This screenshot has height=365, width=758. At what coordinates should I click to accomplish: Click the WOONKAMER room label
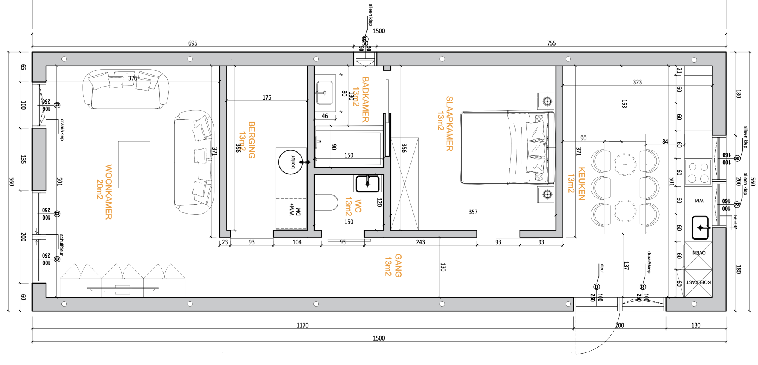coord(108,192)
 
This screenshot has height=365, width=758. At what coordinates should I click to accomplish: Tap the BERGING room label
coord(252,140)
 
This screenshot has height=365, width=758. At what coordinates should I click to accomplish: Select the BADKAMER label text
coord(365,99)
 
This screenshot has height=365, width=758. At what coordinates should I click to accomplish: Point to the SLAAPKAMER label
coord(449,124)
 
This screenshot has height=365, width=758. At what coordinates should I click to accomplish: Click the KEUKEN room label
coord(581,184)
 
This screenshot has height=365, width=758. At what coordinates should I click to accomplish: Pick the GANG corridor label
coord(398,265)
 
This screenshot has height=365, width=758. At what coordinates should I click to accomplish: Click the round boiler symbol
coord(291,162)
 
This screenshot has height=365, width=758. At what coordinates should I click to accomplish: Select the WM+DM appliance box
coord(291,213)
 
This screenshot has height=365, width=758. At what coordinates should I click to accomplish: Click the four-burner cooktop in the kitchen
coord(698,172)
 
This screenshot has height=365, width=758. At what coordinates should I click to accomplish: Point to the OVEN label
coord(699,253)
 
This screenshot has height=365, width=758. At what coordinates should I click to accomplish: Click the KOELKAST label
coord(698,282)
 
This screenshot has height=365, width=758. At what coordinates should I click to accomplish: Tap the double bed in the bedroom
coord(507,147)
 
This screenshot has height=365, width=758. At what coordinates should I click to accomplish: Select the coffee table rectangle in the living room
coord(134,164)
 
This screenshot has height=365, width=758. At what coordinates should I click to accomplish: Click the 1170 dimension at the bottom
coord(302,325)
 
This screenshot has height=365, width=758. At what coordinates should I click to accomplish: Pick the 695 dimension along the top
coord(193,43)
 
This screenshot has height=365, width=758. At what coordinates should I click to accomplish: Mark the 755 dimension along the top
coord(551,43)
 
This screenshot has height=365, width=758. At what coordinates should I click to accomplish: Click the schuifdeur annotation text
coord(61,245)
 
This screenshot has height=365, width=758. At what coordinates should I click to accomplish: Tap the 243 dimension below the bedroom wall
coord(420,242)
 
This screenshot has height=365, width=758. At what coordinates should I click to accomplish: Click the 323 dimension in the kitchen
coord(637,82)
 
